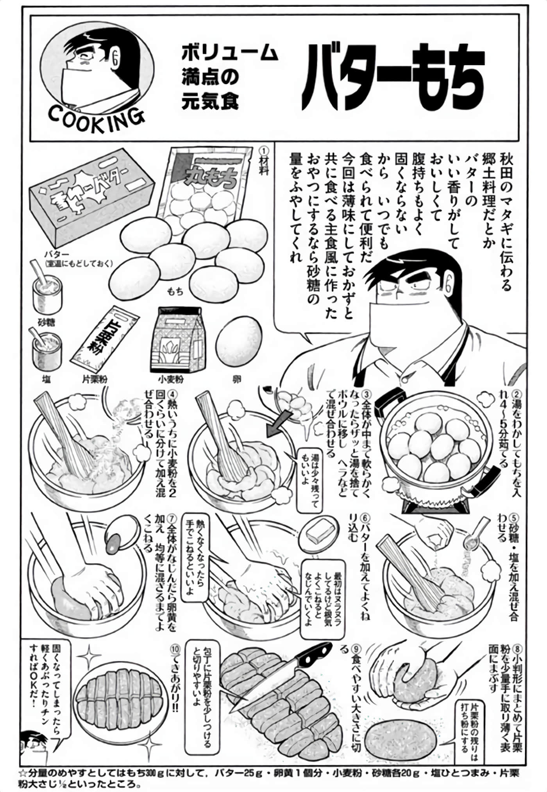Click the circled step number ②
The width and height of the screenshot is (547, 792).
[517, 395]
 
